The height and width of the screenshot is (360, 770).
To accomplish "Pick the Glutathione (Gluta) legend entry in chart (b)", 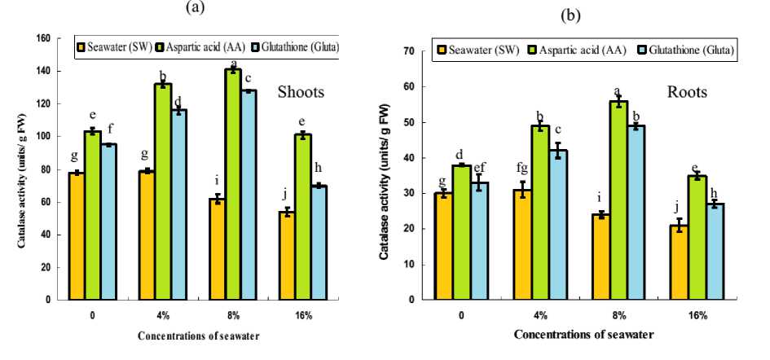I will click(x=693, y=51).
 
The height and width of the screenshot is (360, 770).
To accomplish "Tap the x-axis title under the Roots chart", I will click(x=583, y=334).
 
